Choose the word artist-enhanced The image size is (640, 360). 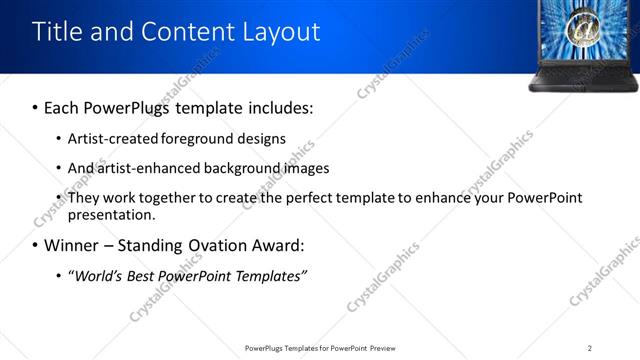pyautogui.click(x=148, y=168)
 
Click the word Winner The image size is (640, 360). pyautogui.click(x=69, y=245)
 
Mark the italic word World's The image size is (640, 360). pyautogui.click(x=99, y=275)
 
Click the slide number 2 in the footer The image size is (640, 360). pyautogui.click(x=590, y=347)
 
